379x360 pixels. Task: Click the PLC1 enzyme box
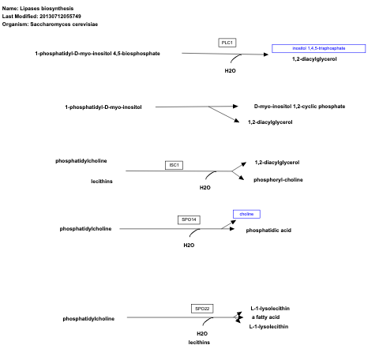point(227,41)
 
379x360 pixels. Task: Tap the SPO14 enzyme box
point(188,219)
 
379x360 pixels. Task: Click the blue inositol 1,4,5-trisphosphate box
point(318,48)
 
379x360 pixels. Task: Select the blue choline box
point(246,214)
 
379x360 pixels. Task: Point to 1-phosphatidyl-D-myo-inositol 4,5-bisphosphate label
point(97,54)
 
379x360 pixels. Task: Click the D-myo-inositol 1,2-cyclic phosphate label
point(299,106)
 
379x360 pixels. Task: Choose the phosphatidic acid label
point(268,230)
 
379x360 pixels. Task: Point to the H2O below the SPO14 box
point(189,245)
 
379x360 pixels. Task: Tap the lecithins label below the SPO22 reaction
point(198,343)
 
